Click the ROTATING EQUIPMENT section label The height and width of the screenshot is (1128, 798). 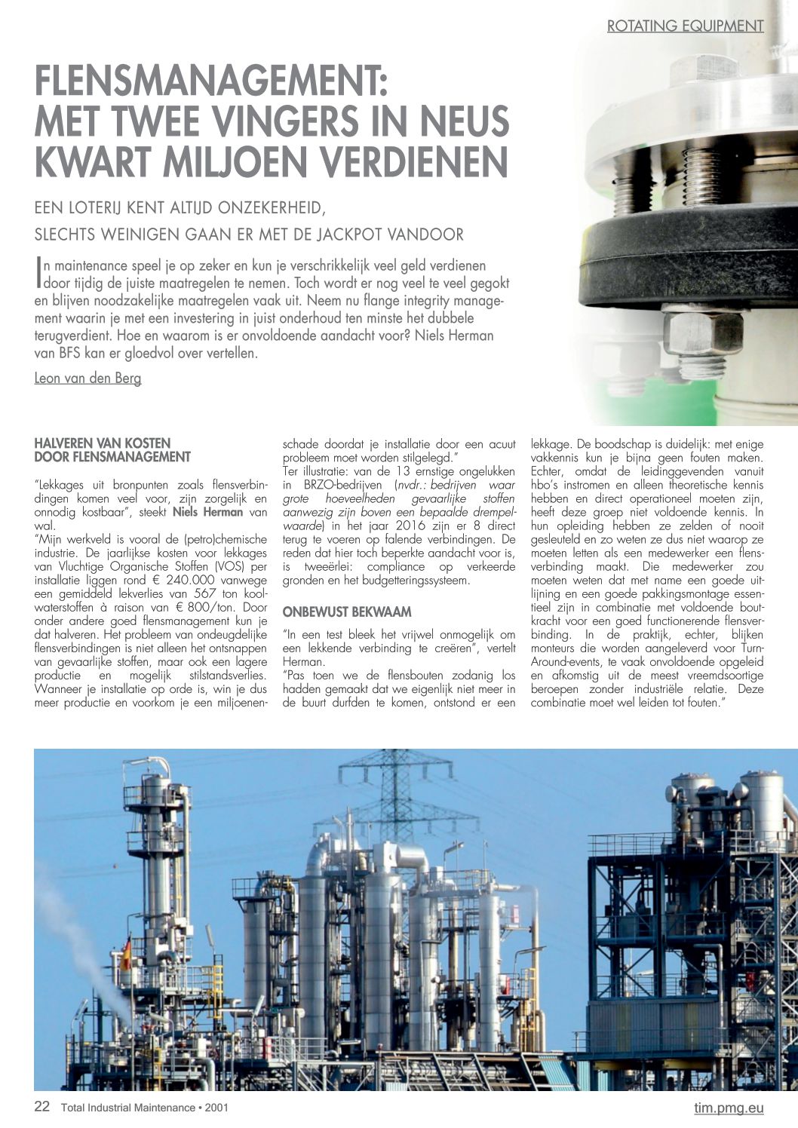(685, 26)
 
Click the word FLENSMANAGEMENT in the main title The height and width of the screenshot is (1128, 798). (211, 81)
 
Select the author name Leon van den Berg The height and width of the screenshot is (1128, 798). (87, 378)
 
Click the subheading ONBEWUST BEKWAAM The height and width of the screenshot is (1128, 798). (336, 612)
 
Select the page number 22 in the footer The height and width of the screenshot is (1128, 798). (42, 1107)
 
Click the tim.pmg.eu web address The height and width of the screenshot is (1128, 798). (729, 1108)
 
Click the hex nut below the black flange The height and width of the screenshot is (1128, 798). (702, 331)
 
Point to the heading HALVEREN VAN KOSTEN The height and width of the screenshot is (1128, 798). (103, 443)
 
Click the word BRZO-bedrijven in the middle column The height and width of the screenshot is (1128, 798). (336, 485)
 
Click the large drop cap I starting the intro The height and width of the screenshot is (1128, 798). (38, 274)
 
